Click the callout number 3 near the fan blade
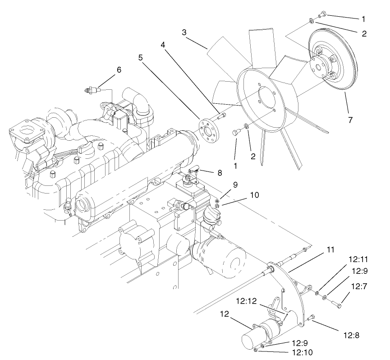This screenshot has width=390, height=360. point(184,32)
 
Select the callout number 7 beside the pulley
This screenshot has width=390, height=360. point(350,120)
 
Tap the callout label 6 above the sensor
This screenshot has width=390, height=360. point(119,70)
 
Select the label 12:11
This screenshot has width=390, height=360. point(358,259)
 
